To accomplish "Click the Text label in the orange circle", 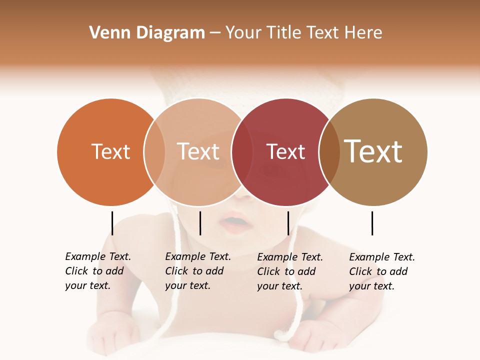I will (110, 151).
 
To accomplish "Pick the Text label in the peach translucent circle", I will (198, 151).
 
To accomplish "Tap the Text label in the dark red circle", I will (285, 151).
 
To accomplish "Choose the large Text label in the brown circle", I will (373, 151).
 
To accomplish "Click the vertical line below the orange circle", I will (112, 223).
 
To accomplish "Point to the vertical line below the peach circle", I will (200, 223).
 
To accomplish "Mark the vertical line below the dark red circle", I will (288, 223).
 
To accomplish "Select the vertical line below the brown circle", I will (372, 223).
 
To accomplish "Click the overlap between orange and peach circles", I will (154, 152).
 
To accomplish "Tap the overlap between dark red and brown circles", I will (329, 152).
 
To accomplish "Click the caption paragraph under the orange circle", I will (98, 271).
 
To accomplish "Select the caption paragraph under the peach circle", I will (198, 271).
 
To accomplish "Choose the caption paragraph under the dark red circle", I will (290, 271).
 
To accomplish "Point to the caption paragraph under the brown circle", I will (382, 271).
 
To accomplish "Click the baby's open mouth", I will (235, 221).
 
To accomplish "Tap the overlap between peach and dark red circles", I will (242, 152).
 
